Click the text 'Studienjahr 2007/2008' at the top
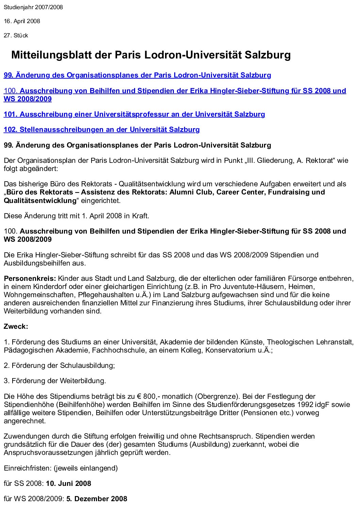tap(33, 7)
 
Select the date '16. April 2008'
tap(22, 21)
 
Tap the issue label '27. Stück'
tap(16, 35)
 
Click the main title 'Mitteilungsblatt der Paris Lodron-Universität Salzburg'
tap(151, 55)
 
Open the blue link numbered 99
tap(137, 75)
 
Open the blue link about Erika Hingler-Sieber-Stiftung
tap(175, 91)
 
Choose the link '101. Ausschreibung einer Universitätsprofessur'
tap(134, 114)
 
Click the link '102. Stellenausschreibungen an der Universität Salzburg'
tap(101, 130)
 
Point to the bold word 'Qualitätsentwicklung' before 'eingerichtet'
tap(40, 201)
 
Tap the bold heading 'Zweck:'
tap(16, 326)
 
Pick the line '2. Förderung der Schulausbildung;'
tap(59, 366)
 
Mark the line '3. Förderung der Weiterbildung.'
tap(55, 381)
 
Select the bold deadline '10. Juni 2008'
tap(68, 483)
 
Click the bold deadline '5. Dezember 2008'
tap(96, 499)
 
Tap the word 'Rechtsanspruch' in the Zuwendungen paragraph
tap(225, 436)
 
